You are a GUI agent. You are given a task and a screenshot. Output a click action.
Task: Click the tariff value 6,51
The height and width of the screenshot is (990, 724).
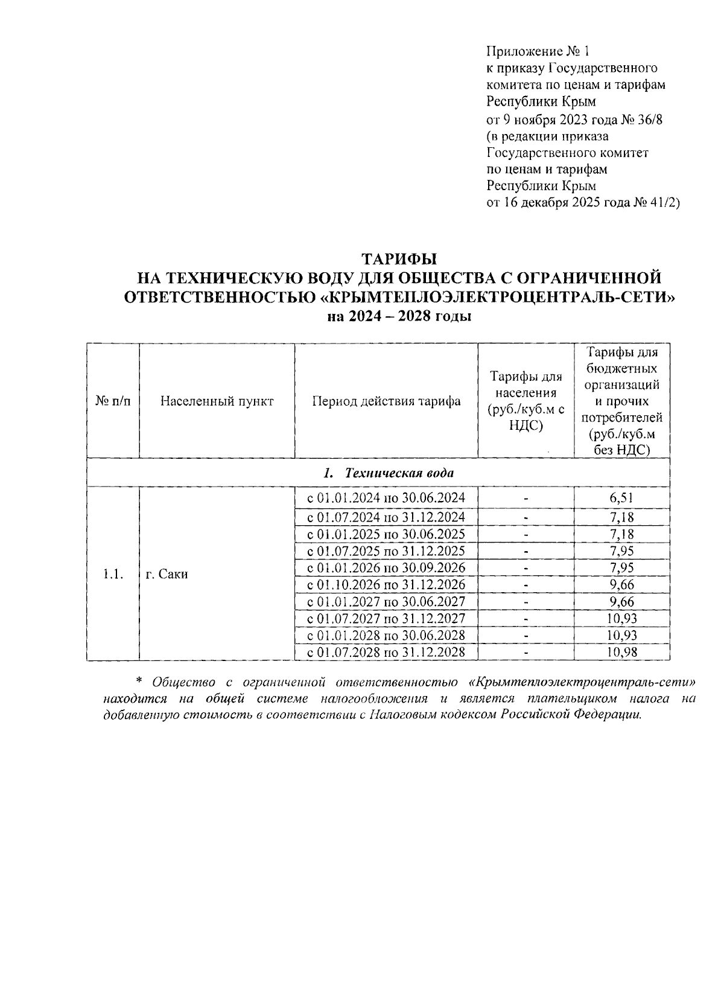[621, 498]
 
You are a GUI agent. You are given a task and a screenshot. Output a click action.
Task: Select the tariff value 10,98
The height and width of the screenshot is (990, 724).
[621, 653]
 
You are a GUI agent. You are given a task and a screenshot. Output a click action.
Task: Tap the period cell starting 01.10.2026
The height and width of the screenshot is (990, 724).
[386, 585]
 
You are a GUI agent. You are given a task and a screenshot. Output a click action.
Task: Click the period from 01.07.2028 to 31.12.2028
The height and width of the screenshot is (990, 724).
[386, 653]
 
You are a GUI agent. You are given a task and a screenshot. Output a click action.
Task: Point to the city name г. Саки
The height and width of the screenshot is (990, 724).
[167, 575]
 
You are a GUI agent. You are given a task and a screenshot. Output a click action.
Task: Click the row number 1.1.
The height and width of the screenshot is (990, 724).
[113, 575]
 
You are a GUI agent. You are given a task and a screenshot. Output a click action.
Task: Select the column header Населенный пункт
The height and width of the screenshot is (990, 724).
[217, 401]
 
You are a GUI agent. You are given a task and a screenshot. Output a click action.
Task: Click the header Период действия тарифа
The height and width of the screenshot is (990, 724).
[386, 401]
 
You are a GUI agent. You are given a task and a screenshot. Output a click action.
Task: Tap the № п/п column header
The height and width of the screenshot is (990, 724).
[113, 401]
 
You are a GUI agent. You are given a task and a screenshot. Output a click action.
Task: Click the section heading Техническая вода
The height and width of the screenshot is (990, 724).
[398, 473]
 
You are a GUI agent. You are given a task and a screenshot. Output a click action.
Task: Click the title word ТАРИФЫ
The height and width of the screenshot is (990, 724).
[398, 259]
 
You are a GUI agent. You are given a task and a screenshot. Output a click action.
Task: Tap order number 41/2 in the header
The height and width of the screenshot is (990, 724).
[665, 203]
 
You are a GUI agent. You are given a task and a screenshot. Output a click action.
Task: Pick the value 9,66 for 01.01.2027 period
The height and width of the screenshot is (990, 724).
[621, 602]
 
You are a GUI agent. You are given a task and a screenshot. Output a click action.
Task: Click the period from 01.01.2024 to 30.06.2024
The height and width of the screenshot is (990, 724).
[386, 498]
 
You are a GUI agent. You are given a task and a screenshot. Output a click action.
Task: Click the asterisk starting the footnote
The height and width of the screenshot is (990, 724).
[138, 681]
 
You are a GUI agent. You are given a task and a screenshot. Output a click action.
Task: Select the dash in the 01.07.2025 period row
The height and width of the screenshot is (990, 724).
[526, 552]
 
